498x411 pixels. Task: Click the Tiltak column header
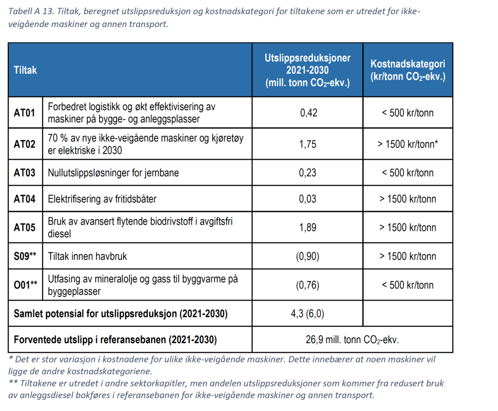(x=25, y=70)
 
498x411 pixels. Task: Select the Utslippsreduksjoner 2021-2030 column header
(x=307, y=70)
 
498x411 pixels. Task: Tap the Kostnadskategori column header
(x=408, y=70)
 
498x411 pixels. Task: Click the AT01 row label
(x=24, y=112)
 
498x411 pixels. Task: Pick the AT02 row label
(x=24, y=144)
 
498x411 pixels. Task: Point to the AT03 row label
(x=24, y=172)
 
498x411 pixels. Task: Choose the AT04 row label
(x=24, y=199)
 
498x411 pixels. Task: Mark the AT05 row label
(x=24, y=227)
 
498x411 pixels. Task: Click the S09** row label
(x=25, y=256)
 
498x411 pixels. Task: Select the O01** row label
(x=25, y=285)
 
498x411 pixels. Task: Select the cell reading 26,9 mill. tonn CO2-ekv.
(x=352, y=339)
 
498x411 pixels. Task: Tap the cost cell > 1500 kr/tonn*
(x=408, y=144)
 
